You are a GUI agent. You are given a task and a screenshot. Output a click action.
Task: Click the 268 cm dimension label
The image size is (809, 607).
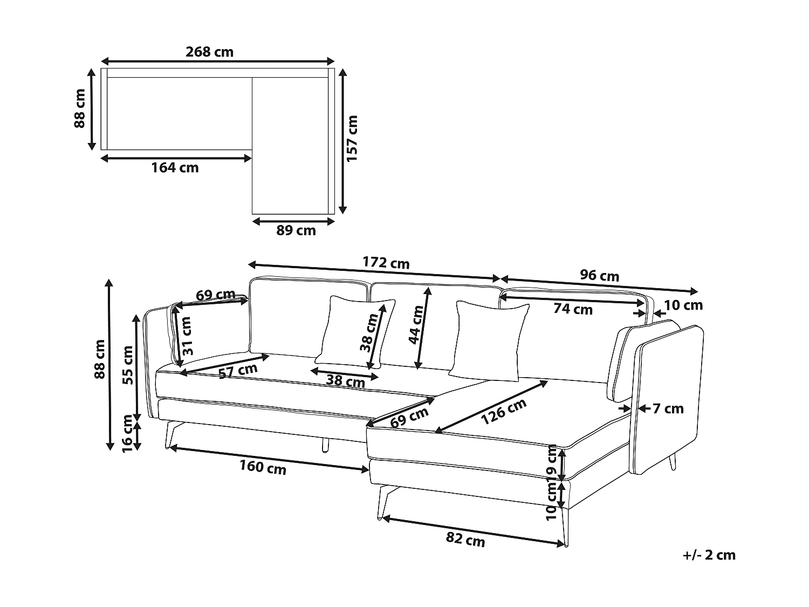click(209, 52)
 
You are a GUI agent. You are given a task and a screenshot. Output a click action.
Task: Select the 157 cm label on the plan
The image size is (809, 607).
click(352, 138)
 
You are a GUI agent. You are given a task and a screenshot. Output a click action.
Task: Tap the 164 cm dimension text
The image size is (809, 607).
click(175, 168)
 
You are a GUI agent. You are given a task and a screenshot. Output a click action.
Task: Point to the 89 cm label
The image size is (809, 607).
click(296, 230)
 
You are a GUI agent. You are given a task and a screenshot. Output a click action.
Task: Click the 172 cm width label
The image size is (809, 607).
click(386, 263)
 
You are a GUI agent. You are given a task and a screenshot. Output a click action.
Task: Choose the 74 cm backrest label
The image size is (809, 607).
click(573, 309)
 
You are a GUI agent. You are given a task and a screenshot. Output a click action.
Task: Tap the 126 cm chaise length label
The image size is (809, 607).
click(504, 412)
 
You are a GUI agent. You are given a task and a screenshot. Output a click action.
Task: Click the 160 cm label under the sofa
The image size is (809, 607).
click(263, 467)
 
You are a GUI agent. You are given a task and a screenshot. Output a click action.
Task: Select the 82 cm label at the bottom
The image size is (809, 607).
click(465, 540)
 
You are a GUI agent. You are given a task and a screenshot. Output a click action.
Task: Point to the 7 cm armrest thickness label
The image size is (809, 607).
click(668, 408)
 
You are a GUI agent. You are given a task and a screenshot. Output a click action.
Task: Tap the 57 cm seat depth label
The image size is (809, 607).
click(238, 371)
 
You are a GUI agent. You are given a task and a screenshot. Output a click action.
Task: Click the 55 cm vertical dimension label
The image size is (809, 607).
click(127, 365)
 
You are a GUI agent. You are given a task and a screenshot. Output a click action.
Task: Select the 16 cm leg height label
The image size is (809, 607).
click(127, 434)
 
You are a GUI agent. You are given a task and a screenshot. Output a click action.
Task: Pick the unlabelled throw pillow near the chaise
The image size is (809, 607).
click(489, 341)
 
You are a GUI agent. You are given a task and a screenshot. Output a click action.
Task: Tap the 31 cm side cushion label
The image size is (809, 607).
click(187, 336)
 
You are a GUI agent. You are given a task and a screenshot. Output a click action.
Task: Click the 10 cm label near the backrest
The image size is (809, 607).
click(683, 305)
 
